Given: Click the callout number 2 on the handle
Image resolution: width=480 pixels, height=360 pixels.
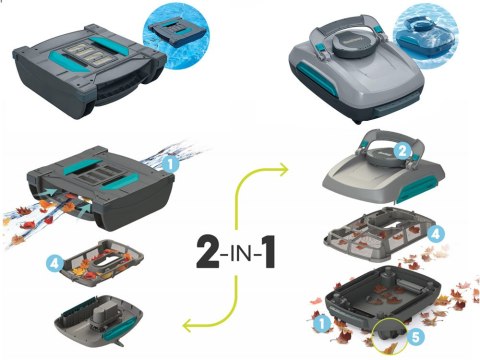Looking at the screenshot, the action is [x=402, y=151].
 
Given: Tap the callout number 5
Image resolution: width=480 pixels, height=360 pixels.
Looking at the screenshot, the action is [x=416, y=337].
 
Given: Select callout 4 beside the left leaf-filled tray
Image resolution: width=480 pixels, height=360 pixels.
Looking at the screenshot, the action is [x=55, y=264].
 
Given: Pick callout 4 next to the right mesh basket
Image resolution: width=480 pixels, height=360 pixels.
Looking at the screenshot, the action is [x=436, y=234].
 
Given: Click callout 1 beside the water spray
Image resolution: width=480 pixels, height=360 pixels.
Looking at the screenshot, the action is [x=171, y=164].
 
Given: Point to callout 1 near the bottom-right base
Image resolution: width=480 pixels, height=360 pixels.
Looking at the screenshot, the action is [x=322, y=323].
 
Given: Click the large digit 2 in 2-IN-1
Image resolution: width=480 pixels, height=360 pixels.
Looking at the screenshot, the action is [x=208, y=252].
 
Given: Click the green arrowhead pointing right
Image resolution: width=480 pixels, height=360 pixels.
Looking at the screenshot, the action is [x=284, y=170].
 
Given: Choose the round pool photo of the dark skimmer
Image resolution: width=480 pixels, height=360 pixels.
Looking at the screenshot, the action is [x=176, y=36].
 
